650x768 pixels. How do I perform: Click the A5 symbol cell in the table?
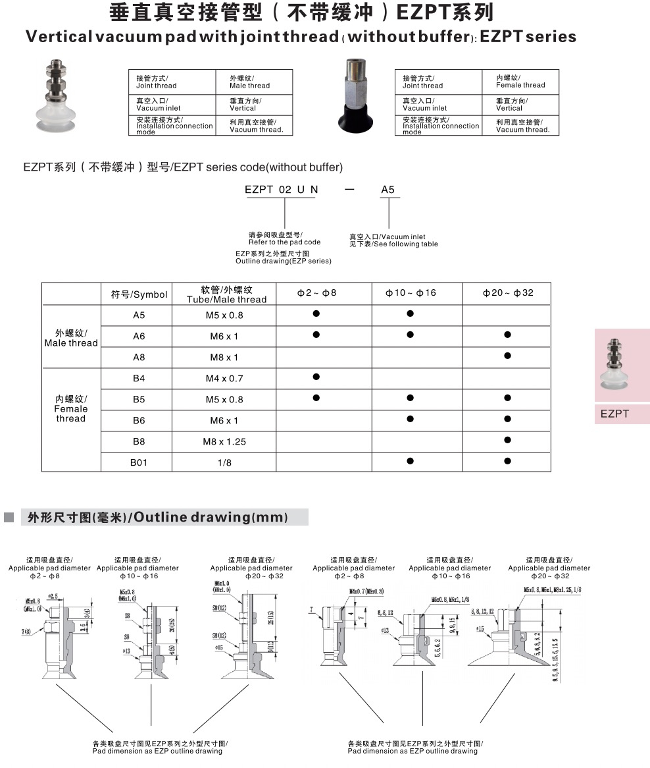pos(139,315)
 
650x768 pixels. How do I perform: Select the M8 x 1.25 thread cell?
pos(224,441)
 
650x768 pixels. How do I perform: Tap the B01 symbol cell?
pos(139,462)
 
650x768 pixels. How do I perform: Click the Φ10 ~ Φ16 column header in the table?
pos(411,292)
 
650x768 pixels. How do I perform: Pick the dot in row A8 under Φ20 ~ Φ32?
pos(507,356)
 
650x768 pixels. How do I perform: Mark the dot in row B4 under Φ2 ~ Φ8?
pos(316,377)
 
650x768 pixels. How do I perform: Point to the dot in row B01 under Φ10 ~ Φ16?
pos(411,461)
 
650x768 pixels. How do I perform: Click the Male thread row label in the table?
pos(71,337)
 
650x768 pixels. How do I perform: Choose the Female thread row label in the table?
pos(71,408)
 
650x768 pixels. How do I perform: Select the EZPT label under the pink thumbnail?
pos(614,414)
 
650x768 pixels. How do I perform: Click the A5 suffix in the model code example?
pos(388,190)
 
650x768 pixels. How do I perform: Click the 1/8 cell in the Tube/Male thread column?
pos(224,462)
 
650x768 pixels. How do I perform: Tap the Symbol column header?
pos(139,294)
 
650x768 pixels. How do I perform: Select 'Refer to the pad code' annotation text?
pos(284,242)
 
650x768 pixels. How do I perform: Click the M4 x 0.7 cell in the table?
pos(224,378)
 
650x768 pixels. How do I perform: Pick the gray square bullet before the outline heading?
pos(9,517)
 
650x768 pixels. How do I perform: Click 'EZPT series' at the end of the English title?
pos(528,37)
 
